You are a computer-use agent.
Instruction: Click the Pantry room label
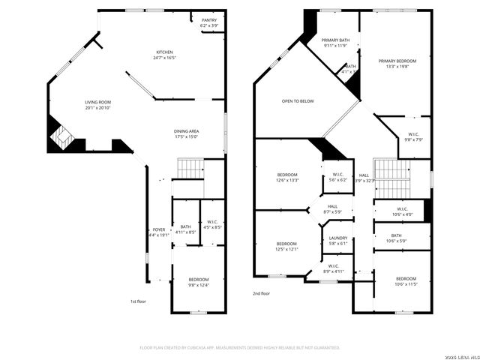point(209,23)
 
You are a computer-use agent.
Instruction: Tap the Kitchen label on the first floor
point(164,55)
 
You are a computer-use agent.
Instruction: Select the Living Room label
point(97,104)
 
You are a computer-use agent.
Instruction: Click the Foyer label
point(158,232)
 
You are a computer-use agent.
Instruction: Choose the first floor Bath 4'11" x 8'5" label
point(185,229)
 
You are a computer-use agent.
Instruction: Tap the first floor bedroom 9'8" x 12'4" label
point(199,282)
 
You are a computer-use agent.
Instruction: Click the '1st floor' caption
point(138,301)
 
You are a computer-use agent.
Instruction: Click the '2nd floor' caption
point(261,294)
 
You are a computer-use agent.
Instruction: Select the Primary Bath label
point(335,43)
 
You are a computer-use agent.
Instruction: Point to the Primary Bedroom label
point(397,64)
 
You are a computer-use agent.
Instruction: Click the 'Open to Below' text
point(298,100)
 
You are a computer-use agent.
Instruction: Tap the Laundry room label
point(338,240)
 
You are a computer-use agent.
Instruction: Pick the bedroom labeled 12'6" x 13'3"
point(287,177)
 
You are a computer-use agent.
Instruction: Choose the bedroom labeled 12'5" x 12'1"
point(287,246)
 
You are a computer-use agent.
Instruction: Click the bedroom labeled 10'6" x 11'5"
point(406,281)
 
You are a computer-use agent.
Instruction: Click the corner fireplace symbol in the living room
point(59,136)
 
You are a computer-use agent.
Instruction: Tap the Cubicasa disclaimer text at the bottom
point(240,347)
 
